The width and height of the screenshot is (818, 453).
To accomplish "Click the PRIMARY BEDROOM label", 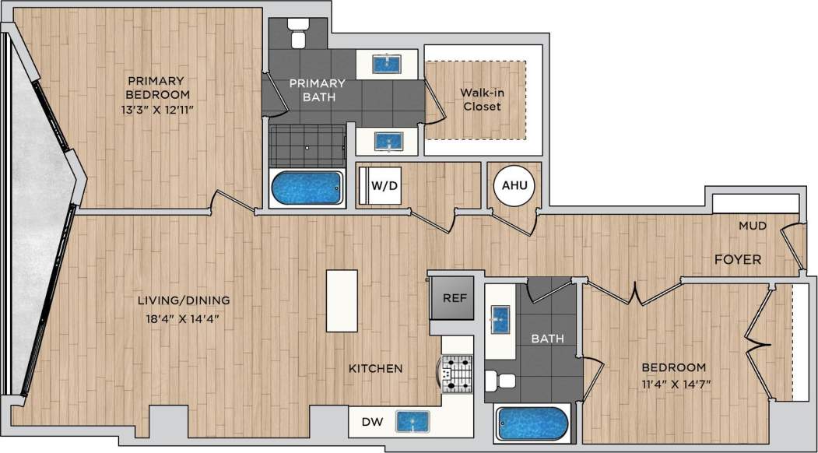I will (156, 88).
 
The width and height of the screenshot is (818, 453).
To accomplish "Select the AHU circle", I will (514, 186).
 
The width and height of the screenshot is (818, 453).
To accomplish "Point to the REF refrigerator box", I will (453, 297).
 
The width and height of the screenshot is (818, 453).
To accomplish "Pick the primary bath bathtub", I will (307, 188).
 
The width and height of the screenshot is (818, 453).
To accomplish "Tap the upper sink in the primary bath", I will (386, 63).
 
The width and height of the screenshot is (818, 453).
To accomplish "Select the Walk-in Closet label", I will (482, 100).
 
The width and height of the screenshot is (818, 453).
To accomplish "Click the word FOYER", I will (737, 259).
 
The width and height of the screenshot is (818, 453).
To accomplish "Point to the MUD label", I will (753, 226).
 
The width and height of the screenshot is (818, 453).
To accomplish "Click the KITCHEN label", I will (374, 368).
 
